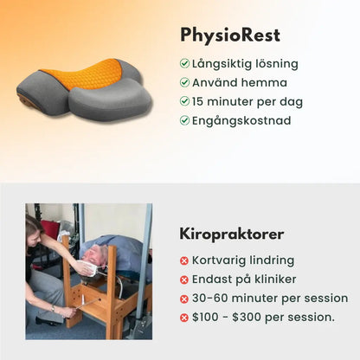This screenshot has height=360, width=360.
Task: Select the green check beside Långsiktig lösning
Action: [x=184, y=63]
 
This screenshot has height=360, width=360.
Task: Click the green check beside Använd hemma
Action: [x=184, y=82]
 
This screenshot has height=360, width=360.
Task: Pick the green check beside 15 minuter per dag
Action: [x=184, y=101]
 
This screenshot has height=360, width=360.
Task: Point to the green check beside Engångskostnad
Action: [x=184, y=120]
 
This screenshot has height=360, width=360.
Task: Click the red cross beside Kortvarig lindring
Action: [x=184, y=260]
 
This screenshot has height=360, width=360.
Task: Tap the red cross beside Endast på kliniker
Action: [x=184, y=280]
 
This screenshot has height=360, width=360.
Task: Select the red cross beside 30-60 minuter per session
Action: [x=184, y=299]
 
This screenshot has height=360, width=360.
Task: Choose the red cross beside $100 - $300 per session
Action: [x=184, y=318]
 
